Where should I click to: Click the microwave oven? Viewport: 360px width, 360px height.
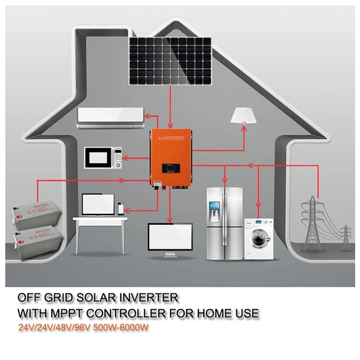pos(104,156)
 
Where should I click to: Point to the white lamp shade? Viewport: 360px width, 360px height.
pos(243,115)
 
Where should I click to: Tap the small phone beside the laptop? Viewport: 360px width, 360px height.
pos(120,207)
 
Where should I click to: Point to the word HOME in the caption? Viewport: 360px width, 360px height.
pos(213,314)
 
